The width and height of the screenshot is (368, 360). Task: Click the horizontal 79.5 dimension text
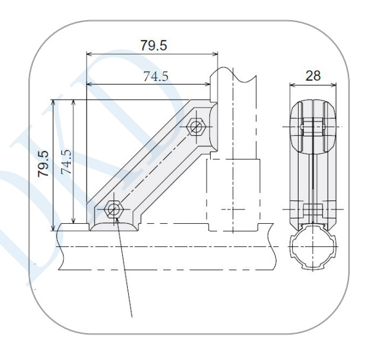tap(154, 45)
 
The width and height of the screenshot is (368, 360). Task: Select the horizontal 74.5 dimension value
tap(156, 76)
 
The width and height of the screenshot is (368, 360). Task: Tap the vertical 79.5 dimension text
tap(43, 164)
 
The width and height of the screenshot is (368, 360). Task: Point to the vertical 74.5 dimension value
tap(66, 162)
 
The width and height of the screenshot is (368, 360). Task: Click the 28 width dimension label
tap(313, 76)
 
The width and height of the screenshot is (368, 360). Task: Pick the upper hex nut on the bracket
tap(196, 127)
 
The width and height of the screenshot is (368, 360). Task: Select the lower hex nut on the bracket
tap(113, 209)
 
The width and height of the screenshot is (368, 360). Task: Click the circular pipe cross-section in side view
tap(313, 246)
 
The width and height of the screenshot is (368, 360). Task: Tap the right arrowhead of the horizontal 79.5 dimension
tap(215, 54)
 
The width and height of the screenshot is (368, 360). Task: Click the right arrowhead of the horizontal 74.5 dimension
tap(208, 84)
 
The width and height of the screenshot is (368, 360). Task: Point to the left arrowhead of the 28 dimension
tap(293, 85)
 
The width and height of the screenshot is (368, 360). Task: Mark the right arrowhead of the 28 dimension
tap(334, 85)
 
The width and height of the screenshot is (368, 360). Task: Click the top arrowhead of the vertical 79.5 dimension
tap(53, 102)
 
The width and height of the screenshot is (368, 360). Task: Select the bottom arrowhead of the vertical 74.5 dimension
tap(74, 220)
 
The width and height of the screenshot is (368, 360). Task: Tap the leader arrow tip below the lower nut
tap(117, 218)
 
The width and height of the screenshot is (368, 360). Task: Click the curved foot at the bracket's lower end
tap(115, 226)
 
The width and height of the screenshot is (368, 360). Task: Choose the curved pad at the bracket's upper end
tap(213, 127)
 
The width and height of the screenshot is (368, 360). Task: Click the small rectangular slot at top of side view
tap(313, 127)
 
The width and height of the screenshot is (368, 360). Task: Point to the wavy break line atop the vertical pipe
tap(233, 74)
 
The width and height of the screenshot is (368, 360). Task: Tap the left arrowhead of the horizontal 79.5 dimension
tap(90, 54)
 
